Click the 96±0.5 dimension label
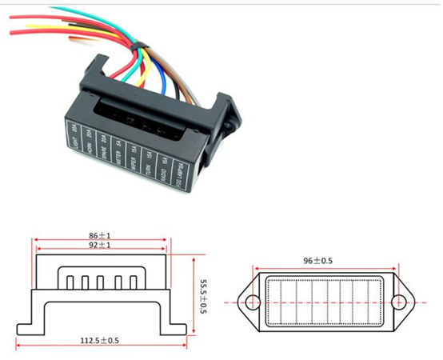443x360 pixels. pyautogui.click(x=329, y=260)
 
